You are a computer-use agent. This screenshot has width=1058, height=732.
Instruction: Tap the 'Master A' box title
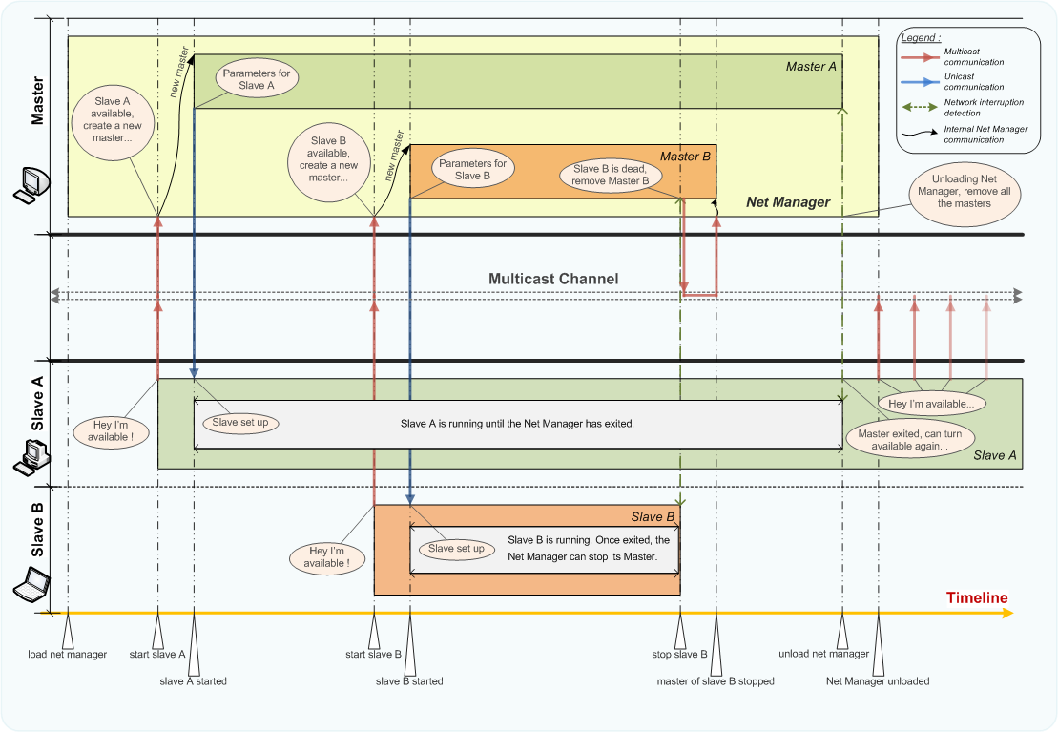point(811,66)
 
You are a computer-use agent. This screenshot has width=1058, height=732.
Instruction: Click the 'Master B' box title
point(686,156)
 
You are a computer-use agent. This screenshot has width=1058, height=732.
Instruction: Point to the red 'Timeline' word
point(976,598)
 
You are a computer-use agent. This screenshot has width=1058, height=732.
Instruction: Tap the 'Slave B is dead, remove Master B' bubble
point(611,175)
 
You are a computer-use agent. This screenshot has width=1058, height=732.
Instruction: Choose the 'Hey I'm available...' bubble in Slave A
point(931,404)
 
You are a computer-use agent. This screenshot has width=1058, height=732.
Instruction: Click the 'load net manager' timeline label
point(67,654)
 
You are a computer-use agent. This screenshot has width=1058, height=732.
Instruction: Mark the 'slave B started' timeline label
point(409,681)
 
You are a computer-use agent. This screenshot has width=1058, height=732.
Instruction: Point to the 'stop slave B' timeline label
point(680,654)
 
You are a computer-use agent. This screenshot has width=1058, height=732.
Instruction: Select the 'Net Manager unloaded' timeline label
point(877,681)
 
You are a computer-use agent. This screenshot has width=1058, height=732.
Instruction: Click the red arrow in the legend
point(918,58)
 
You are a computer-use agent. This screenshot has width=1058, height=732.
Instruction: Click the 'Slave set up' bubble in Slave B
point(455,549)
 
